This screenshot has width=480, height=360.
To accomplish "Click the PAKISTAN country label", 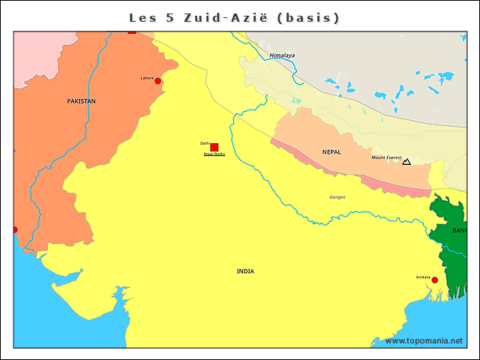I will pos(81,100).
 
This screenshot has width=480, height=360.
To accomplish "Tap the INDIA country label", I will pos(245,271).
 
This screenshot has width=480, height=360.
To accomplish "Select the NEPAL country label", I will pos(331,151).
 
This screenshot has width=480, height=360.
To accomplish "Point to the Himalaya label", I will pos(282,55).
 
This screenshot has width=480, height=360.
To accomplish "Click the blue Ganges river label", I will pos(337,197).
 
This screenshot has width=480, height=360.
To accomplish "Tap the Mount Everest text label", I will pos(387,157).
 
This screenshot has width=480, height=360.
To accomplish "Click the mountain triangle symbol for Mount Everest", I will pos(406,161).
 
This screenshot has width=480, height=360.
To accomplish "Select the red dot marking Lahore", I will pos(158,81).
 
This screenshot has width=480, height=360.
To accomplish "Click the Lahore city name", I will pos(147,77).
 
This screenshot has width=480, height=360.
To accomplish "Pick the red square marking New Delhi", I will pos(214,147).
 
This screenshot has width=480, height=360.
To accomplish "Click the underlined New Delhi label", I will pos(214,154).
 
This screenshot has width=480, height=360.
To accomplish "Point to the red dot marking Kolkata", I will pos(434,280).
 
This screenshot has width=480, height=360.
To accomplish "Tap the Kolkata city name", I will pos(424,277).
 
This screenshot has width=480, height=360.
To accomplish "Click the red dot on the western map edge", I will pos(14,229).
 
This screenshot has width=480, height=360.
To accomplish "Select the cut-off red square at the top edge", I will pos(132,31).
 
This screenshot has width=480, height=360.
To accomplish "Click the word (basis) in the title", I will pos(308,16).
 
